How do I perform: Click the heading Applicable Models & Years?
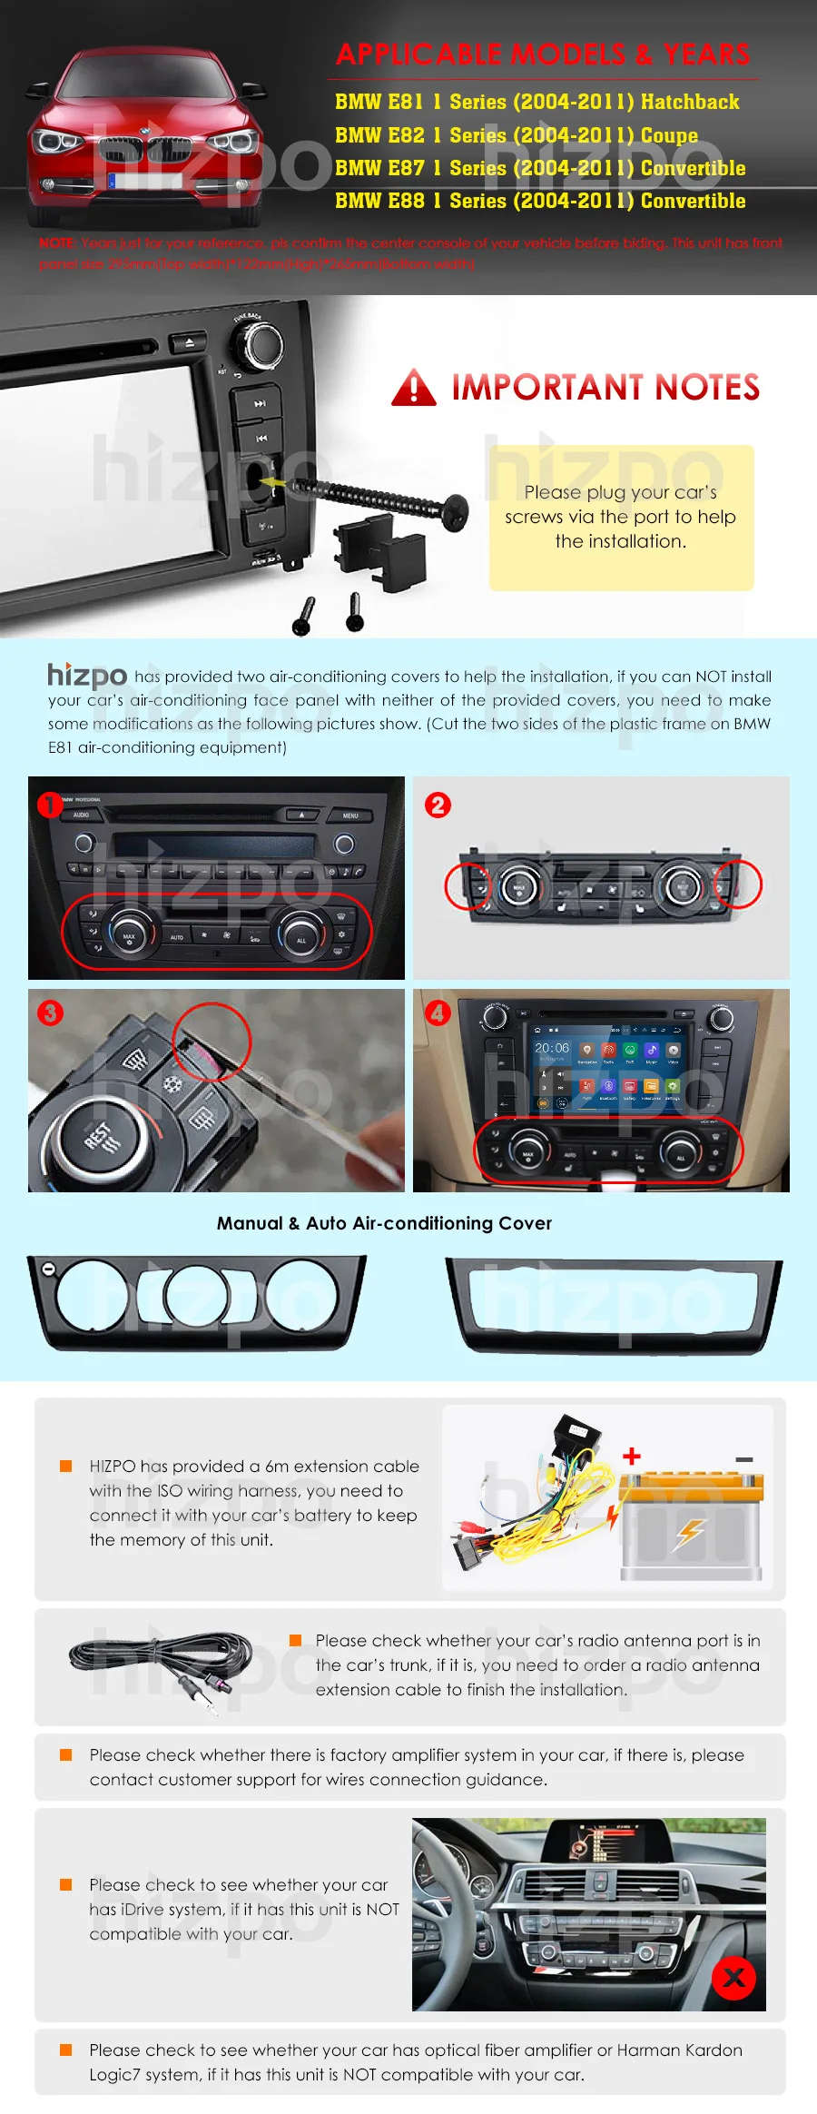click(x=543, y=55)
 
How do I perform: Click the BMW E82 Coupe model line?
click(x=516, y=135)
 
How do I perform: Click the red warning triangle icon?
click(x=414, y=388)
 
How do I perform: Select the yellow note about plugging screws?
click(x=621, y=517)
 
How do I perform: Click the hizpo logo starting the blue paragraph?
click(x=87, y=675)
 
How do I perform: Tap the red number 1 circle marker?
click(x=49, y=804)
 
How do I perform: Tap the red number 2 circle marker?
click(x=438, y=805)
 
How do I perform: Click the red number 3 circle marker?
click(x=50, y=1013)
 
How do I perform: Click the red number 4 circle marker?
click(x=438, y=1013)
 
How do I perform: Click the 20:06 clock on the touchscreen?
click(x=551, y=1048)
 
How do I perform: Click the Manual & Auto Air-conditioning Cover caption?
click(x=384, y=1223)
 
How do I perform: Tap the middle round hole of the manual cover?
click(x=197, y=1295)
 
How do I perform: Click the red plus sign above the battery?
click(x=632, y=1456)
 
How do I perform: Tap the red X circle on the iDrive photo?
click(x=733, y=1977)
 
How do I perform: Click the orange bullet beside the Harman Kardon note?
click(x=65, y=2050)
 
